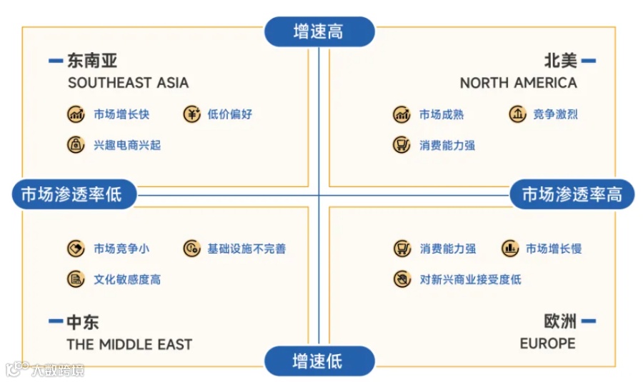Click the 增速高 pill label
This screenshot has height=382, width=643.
coord(319,31)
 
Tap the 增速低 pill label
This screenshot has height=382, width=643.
coord(319,361)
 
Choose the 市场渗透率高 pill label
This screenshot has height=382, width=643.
coord(572,194)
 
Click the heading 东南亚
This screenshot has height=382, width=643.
coord(92,61)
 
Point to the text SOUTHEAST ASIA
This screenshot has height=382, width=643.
coord(129,83)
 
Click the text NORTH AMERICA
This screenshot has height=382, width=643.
coord(518,83)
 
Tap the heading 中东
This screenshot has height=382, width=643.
coord(82,322)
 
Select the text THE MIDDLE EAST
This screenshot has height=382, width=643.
coord(129,344)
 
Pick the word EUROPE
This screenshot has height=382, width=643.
coord(547,343)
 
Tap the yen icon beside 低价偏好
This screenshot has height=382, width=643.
coord(191,114)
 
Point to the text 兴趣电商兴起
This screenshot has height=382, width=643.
coord(127,145)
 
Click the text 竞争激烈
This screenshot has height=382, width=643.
coord(555,114)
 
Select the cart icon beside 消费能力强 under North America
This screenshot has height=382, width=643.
coord(402,145)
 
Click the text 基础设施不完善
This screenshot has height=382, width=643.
coord(246,248)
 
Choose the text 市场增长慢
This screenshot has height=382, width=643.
coord(554,248)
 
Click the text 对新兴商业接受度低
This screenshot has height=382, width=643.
coord(470,279)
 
